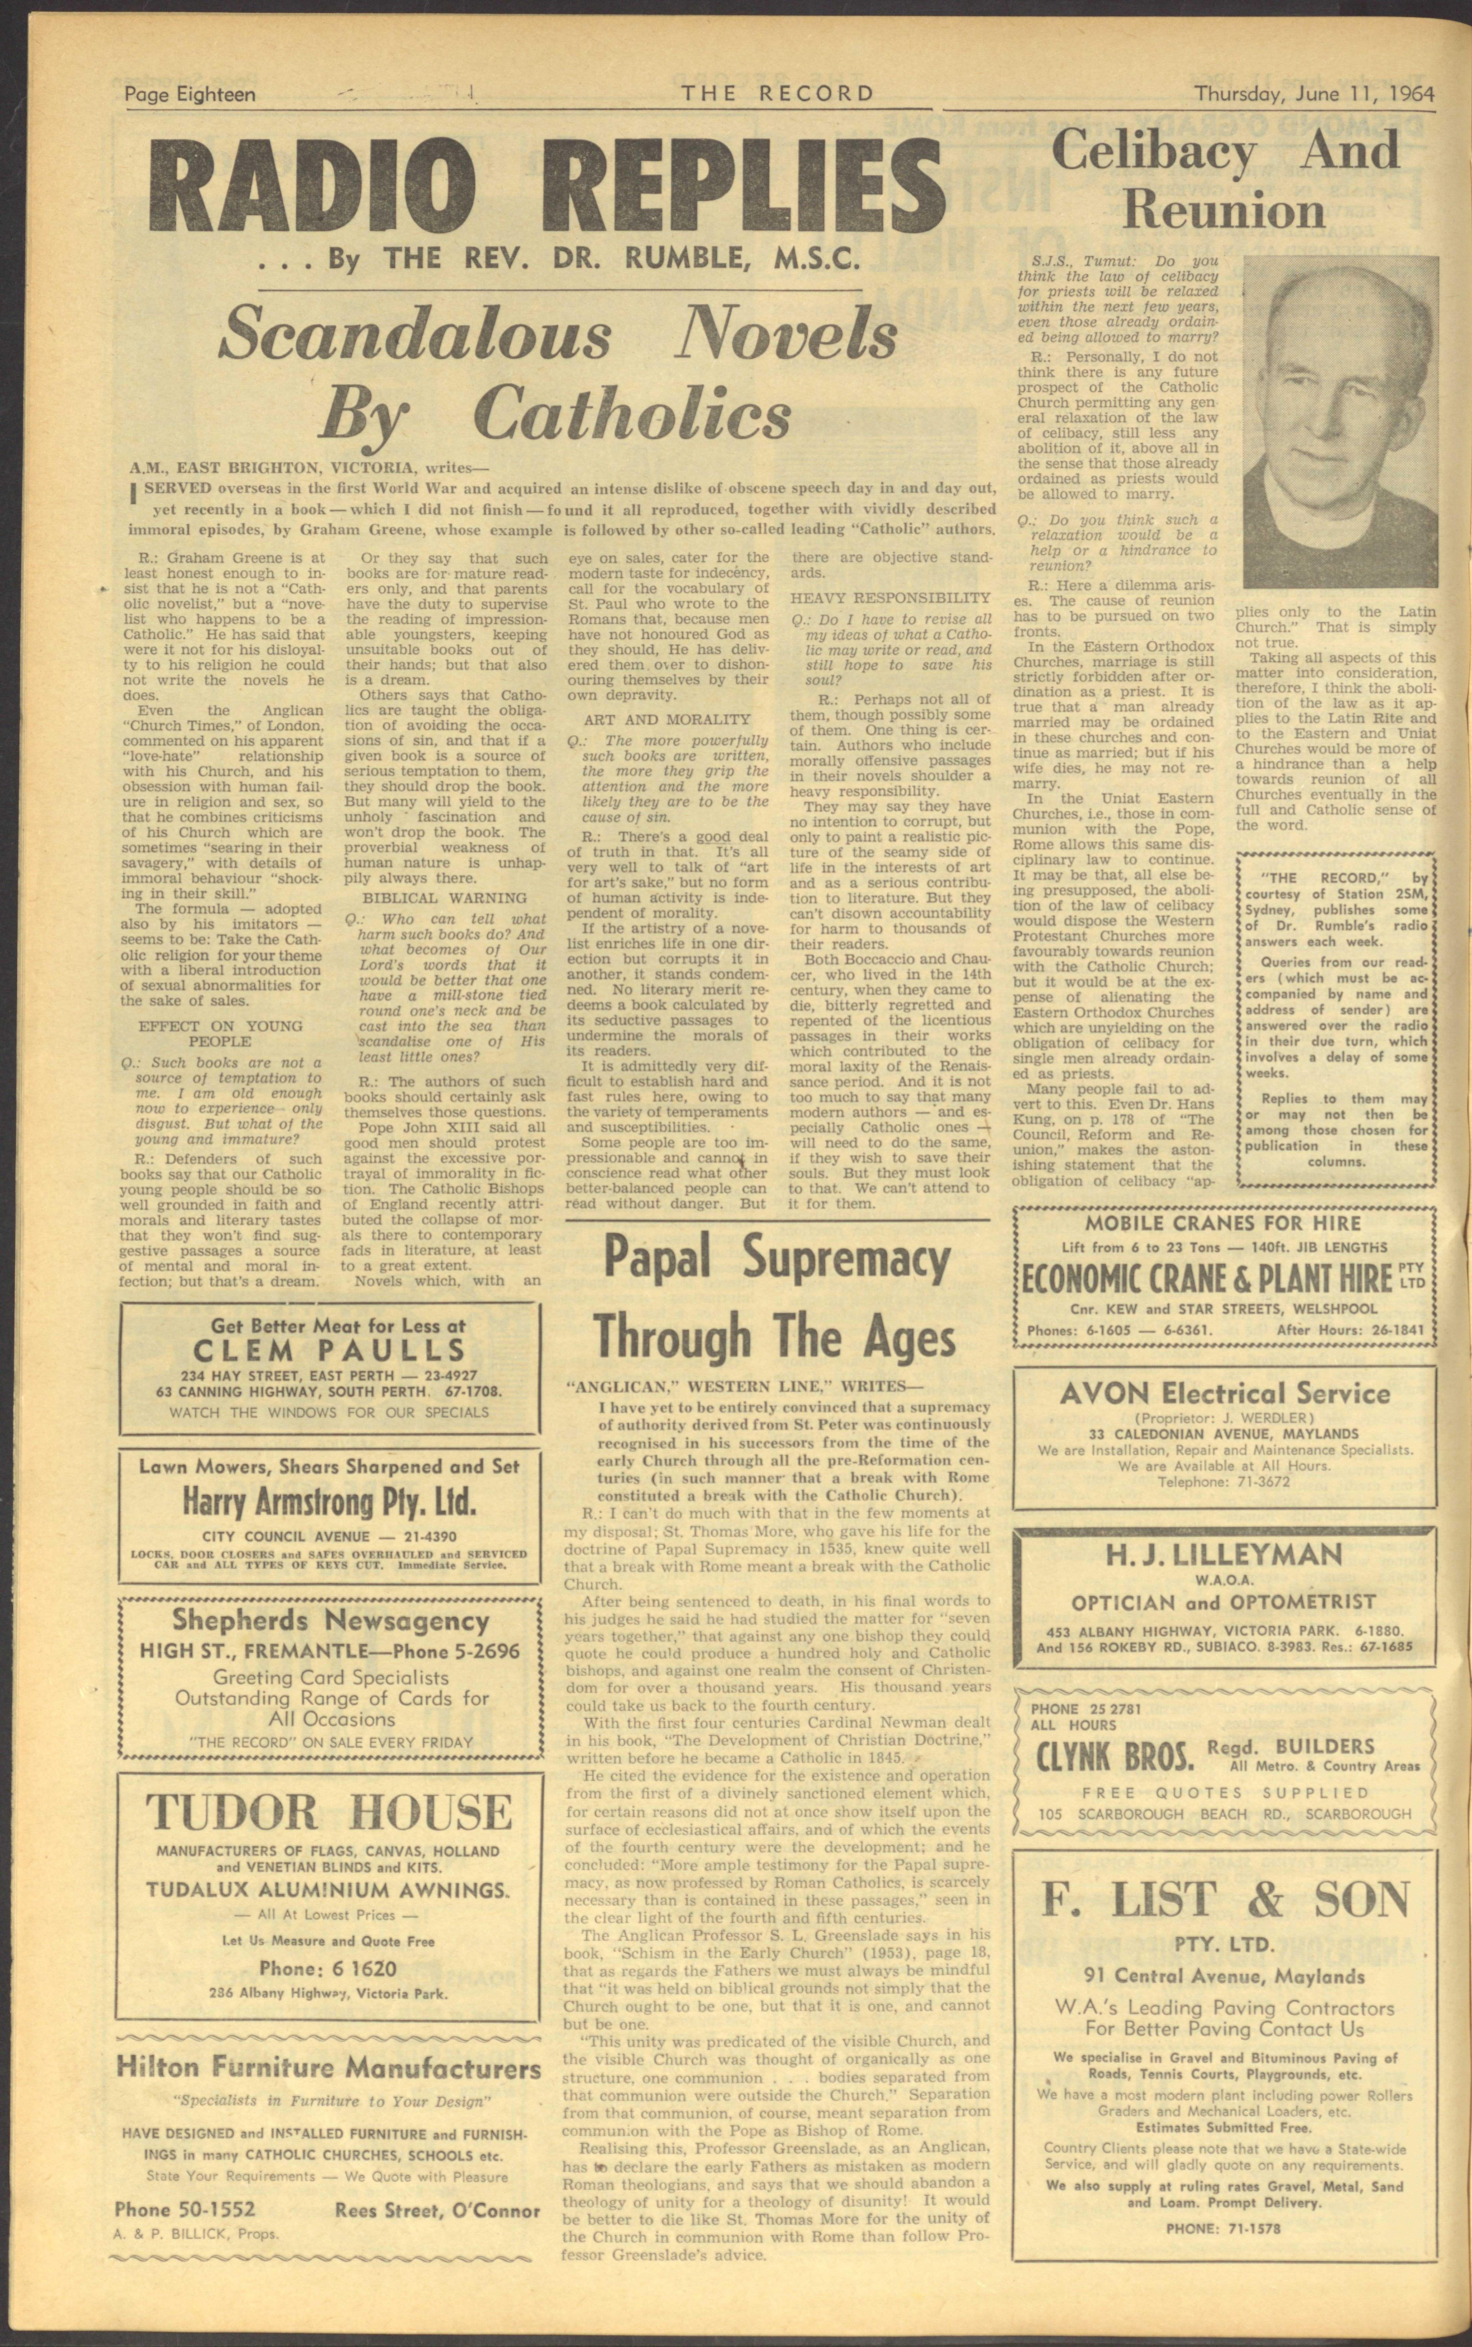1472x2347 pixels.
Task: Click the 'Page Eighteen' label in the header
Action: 190,95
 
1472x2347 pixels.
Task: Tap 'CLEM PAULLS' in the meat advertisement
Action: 329,1350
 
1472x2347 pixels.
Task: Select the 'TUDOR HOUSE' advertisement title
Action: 329,1812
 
